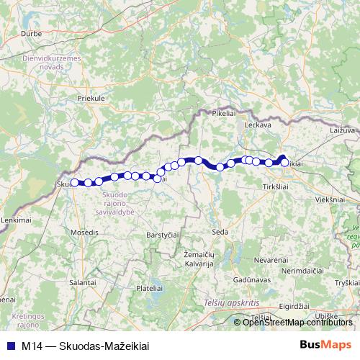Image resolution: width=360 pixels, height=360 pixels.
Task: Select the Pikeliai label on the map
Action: point(223,113)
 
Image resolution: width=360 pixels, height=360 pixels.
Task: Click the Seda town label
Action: point(220,231)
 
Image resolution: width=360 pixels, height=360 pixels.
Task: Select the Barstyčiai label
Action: point(162,235)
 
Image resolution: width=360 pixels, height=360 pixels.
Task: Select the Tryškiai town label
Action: point(347,282)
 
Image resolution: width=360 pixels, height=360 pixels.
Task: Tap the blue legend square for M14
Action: point(10,346)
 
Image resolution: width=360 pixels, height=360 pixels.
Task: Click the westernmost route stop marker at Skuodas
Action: point(74,183)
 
